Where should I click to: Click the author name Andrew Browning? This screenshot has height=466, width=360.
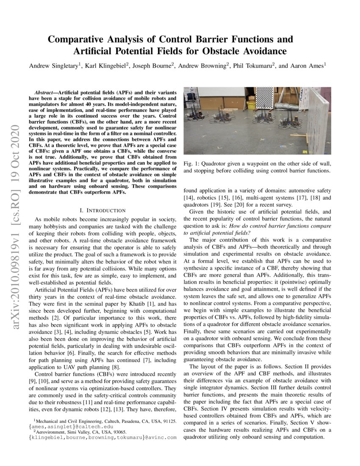click(x=202, y=66)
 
